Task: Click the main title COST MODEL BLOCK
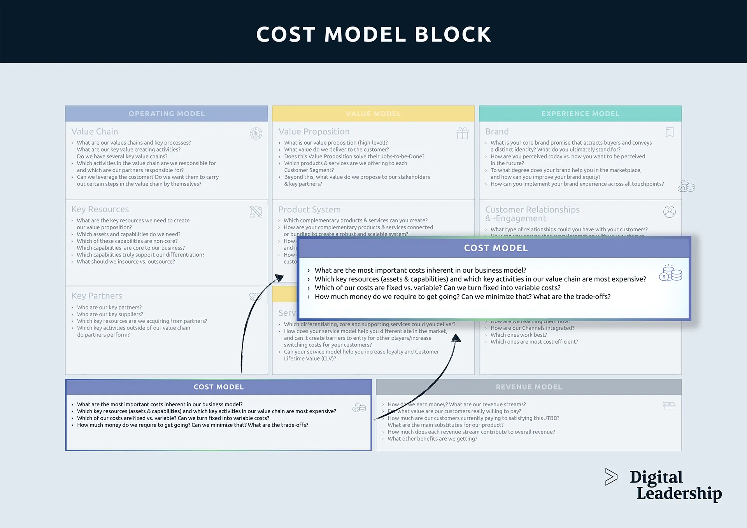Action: pyautogui.click(x=373, y=34)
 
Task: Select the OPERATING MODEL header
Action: pyautogui.click(x=167, y=114)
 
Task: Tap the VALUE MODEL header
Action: pyautogui.click(x=373, y=114)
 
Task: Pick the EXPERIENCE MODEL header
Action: pyautogui.click(x=580, y=114)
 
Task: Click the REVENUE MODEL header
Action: pyautogui.click(x=529, y=387)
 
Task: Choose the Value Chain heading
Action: pyautogui.click(x=95, y=131)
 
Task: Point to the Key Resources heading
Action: pyautogui.click(x=100, y=209)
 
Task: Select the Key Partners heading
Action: pyautogui.click(x=96, y=296)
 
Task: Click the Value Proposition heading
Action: pyautogui.click(x=314, y=131)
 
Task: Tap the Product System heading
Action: pyautogui.click(x=309, y=210)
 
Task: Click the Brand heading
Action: pyautogui.click(x=497, y=131)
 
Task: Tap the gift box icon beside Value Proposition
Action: pyautogui.click(x=462, y=133)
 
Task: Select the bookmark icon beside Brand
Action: pyautogui.click(x=670, y=133)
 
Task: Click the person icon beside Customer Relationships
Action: pyautogui.click(x=669, y=212)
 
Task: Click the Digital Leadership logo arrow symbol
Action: pyautogui.click(x=611, y=477)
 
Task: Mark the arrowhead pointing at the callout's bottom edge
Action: pyautogui.click(x=456, y=338)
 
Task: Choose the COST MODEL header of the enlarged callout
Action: pyautogui.click(x=496, y=248)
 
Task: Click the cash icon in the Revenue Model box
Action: pyautogui.click(x=669, y=406)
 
